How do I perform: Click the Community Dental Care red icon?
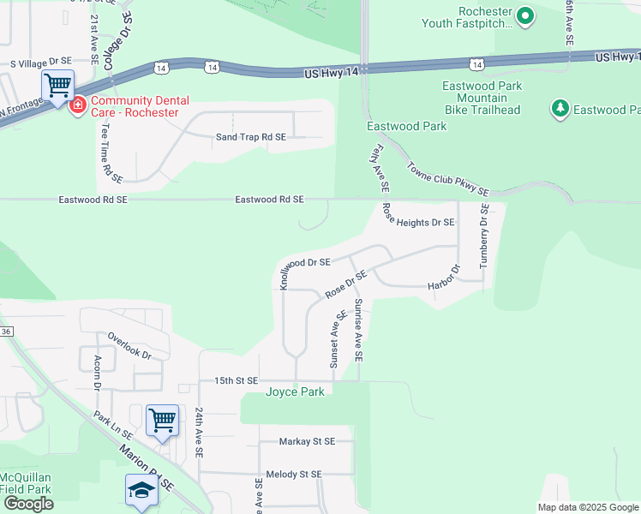[78, 105]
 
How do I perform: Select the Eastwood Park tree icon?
[560, 109]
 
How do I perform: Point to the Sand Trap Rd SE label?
[250, 137]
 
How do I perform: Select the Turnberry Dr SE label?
[484, 236]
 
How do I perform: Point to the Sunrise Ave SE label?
[358, 329]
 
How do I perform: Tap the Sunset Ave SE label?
[338, 338]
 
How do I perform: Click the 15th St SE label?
[236, 380]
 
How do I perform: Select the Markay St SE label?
[307, 442]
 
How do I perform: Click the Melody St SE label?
[293, 474]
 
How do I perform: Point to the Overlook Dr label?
[129, 345]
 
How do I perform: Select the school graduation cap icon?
[141, 490]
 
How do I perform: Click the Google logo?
[28, 504]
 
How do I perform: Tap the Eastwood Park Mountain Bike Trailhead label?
[481, 98]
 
